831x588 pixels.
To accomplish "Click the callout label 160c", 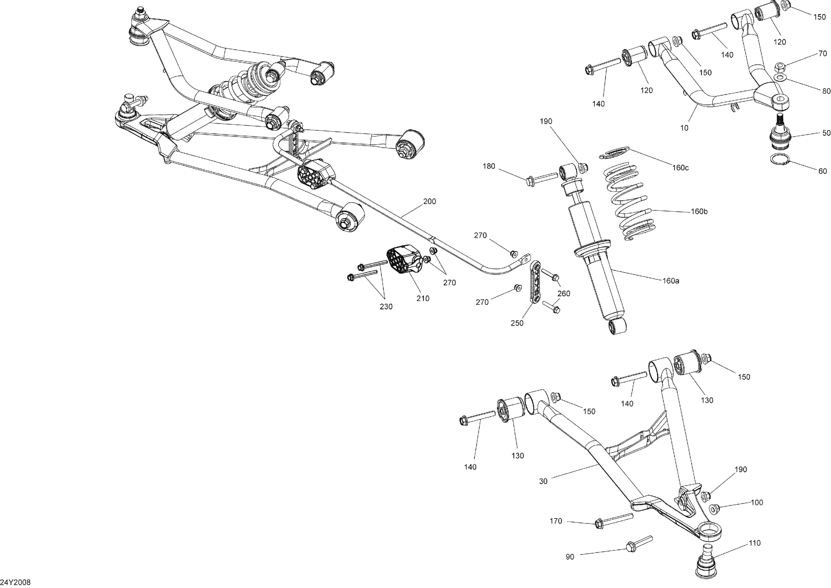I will [x=681, y=168].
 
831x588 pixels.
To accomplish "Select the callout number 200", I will [x=430, y=201].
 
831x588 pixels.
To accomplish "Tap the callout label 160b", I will [x=699, y=211].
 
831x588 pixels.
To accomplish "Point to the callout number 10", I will [x=684, y=128].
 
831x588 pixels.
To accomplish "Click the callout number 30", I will [x=543, y=481].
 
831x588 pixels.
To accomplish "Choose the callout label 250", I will [x=517, y=323].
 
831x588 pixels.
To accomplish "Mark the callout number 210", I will [x=423, y=298].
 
